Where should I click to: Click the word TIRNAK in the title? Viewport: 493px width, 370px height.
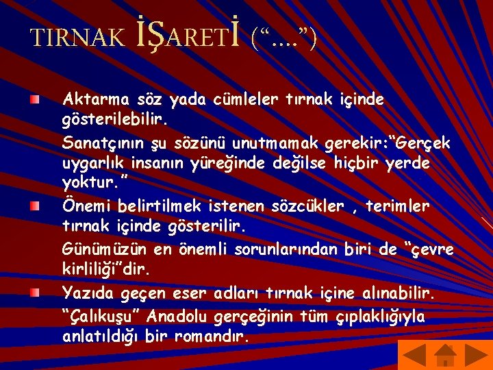pos(77,38)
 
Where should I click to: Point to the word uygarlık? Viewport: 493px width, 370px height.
pos(92,164)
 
